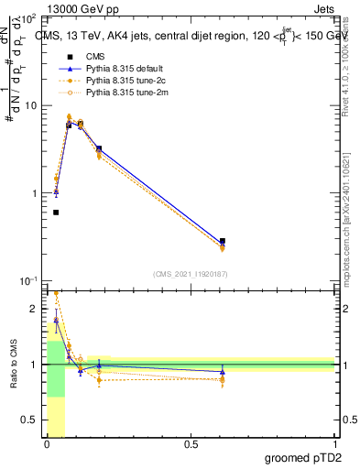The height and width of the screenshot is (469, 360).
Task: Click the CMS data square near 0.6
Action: click(x=223, y=241)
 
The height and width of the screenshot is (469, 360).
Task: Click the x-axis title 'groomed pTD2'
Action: click(x=302, y=456)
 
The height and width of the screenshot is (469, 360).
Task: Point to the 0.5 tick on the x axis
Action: click(x=191, y=444)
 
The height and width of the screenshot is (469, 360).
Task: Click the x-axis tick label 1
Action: click(x=333, y=444)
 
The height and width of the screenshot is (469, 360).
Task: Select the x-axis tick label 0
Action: click(x=47, y=444)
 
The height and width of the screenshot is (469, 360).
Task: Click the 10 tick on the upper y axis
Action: click(x=32, y=105)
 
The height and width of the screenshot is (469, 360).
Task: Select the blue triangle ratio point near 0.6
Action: click(x=223, y=371)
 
